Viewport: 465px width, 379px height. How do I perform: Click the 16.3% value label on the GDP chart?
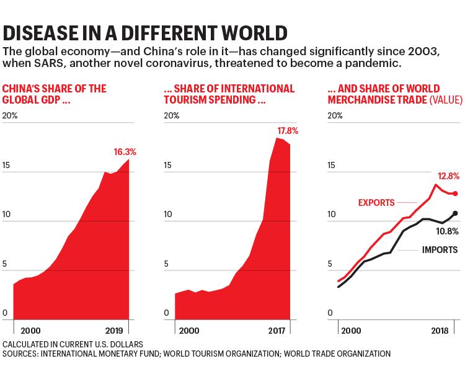125,152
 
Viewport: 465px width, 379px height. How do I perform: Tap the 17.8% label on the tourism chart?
288,131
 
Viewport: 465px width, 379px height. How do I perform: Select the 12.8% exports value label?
449,176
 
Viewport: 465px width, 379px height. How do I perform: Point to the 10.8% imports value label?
447,231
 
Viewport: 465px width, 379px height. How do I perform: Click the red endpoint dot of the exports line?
456,194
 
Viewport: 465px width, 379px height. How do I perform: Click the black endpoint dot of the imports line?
456,213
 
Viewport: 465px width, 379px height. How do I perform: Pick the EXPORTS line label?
376,203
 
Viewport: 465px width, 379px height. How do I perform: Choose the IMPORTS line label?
440,250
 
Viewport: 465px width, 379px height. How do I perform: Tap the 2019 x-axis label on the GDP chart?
114,331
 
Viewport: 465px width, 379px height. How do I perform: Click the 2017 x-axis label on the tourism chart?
277,331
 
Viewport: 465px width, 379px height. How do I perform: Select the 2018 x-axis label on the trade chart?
440,331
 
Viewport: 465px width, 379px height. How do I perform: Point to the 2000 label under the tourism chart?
189,331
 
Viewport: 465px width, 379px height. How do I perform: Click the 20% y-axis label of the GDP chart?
10,115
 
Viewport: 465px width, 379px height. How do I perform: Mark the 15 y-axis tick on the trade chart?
331,165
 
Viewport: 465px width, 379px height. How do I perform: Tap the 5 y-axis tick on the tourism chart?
166,264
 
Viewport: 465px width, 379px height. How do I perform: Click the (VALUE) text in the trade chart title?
446,100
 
